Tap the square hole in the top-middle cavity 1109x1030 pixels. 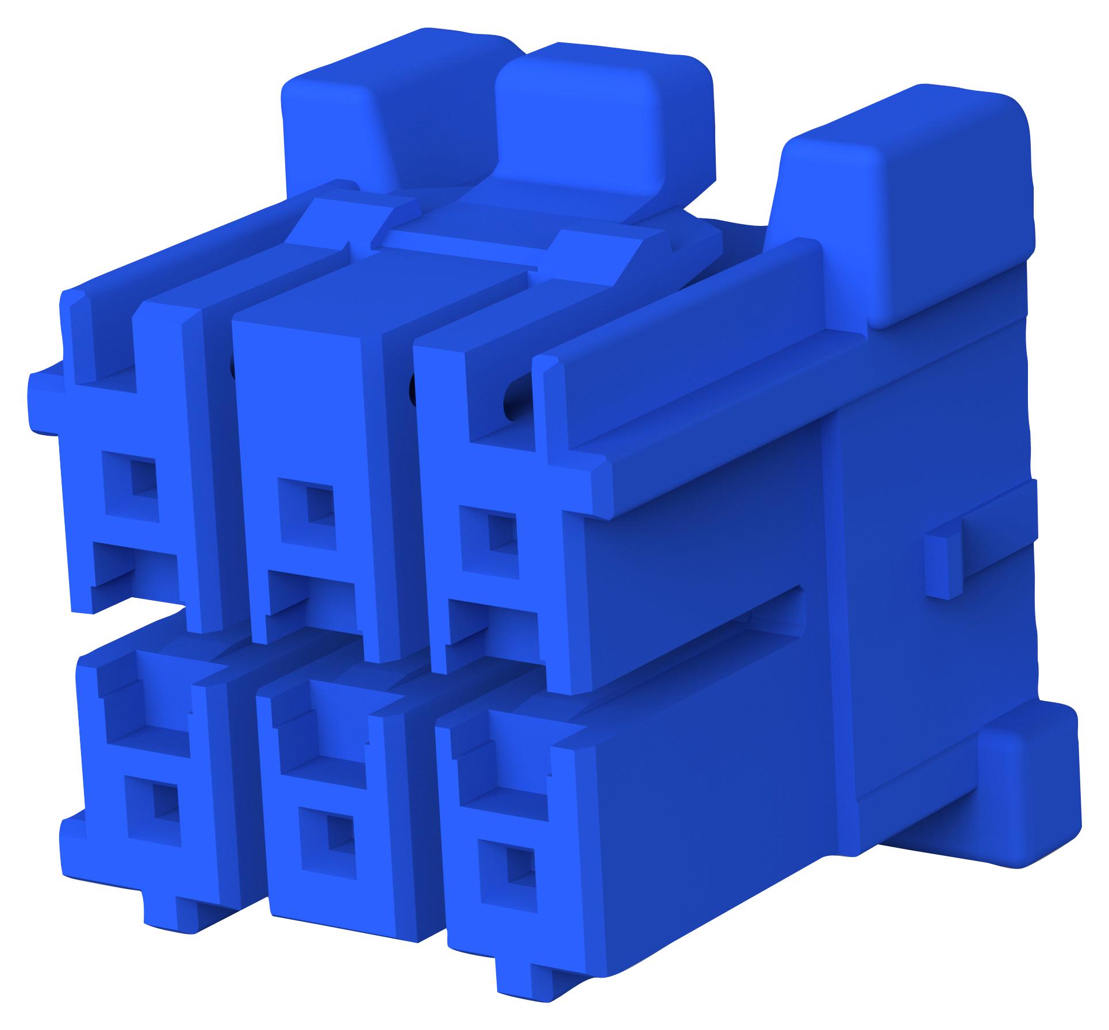point(318,506)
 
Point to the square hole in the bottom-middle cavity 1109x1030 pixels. point(336,843)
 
